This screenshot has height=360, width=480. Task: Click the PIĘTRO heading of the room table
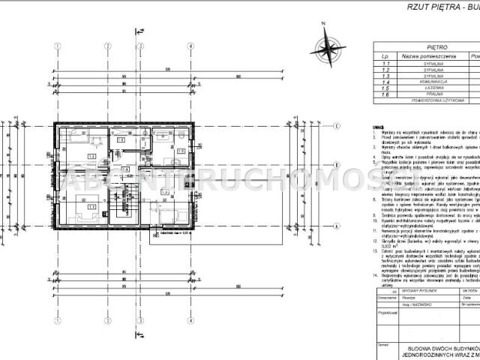426,46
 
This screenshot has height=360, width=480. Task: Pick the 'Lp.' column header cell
385,55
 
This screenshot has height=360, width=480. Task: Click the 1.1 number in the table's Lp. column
385,65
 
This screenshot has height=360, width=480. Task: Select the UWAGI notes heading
374,128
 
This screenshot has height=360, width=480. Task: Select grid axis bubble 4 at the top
191,46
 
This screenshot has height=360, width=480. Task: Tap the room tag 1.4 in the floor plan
126,169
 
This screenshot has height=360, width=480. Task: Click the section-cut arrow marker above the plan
138,33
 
